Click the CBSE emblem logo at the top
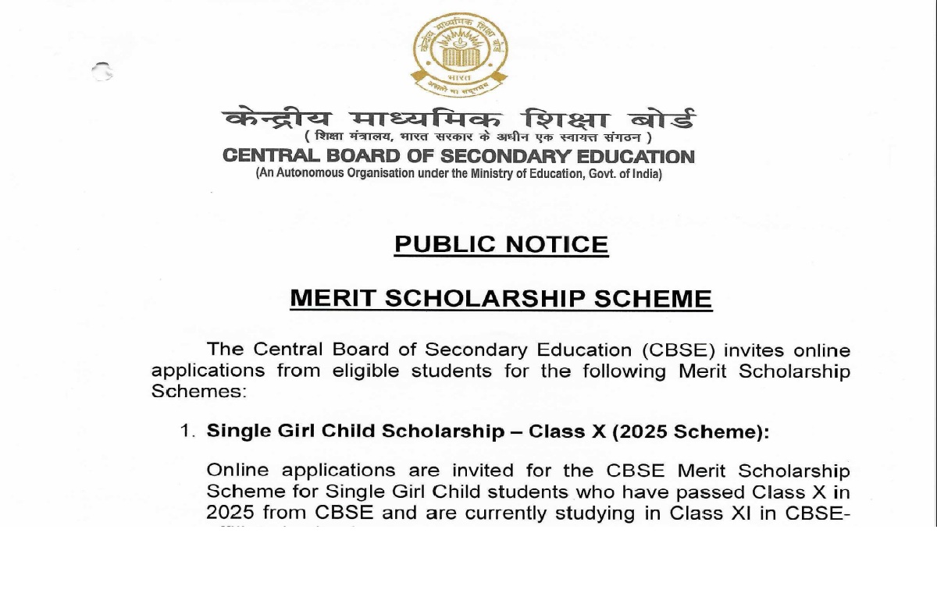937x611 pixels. tap(459, 55)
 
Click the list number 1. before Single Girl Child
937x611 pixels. tap(187, 432)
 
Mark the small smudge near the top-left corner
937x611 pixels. tap(102, 73)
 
